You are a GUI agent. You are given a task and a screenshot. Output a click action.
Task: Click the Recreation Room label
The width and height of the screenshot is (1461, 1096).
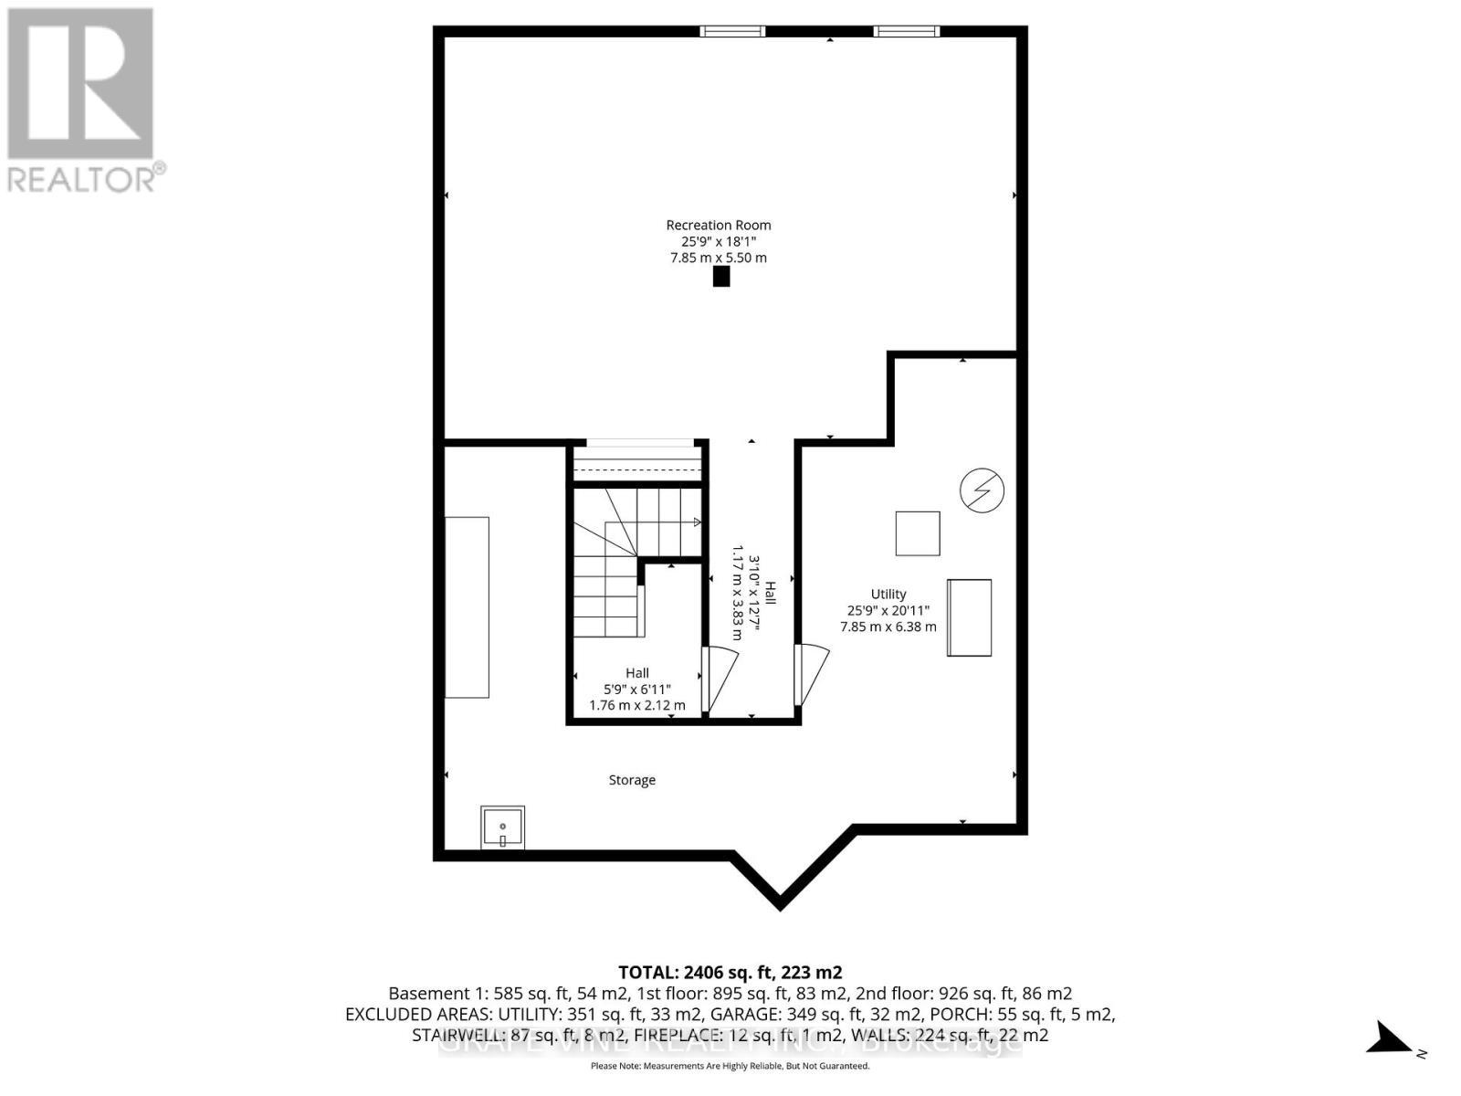pos(718,225)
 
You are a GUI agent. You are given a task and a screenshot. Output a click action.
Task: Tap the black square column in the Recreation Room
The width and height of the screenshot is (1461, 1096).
pos(721,277)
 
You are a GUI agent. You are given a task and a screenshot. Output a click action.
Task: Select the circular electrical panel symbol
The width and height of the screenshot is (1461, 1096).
pos(982,491)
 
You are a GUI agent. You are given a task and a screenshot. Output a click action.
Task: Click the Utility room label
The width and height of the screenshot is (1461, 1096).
pos(888,594)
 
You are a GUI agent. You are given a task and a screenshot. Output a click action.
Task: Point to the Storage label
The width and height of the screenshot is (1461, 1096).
pos(632,780)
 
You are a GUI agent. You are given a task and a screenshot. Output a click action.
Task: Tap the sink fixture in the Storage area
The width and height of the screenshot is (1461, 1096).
pos(502,827)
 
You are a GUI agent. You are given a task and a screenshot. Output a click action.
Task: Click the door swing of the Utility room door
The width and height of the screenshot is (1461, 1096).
pos(813,674)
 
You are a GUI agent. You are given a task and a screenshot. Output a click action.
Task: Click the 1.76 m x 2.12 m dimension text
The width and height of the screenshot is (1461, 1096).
pos(637,705)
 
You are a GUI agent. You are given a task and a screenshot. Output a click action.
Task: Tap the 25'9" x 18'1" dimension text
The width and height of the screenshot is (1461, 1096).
pos(718,241)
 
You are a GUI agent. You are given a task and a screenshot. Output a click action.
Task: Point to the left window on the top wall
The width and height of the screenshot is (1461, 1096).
pos(732,32)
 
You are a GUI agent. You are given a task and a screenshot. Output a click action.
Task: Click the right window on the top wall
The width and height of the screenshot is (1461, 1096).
pos(906,32)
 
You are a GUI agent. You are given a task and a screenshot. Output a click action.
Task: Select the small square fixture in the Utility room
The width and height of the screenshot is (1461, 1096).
pos(918,533)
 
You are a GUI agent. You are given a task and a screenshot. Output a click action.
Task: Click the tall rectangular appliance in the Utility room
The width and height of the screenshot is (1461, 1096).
pos(969,617)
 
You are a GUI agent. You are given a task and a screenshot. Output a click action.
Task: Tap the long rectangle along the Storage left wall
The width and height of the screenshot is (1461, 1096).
pos(467,607)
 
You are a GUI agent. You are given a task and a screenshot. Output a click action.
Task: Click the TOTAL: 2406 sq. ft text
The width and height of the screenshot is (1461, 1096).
pos(730,972)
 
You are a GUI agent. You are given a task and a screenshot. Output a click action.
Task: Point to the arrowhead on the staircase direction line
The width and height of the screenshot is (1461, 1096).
pos(697,522)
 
